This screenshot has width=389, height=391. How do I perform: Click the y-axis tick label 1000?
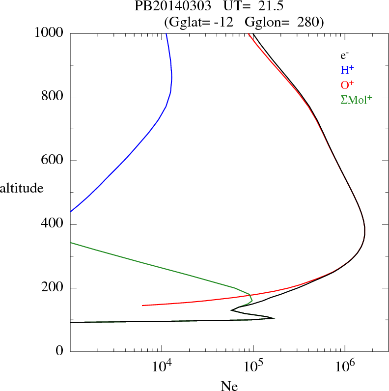pyautogui.click(x=49, y=33)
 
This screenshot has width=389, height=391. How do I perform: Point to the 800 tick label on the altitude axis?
pyautogui.click(x=53, y=97)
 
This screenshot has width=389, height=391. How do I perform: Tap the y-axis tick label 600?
pyautogui.click(x=53, y=161)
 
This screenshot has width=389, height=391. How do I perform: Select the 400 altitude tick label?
pyautogui.click(x=53, y=224)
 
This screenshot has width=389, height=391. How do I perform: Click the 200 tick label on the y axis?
pyautogui.click(x=53, y=288)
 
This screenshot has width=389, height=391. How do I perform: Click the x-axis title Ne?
pyautogui.click(x=229, y=385)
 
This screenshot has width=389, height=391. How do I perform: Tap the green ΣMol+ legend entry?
pyautogui.click(x=356, y=99)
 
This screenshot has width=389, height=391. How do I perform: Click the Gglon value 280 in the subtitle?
pyautogui.click(x=307, y=22)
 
